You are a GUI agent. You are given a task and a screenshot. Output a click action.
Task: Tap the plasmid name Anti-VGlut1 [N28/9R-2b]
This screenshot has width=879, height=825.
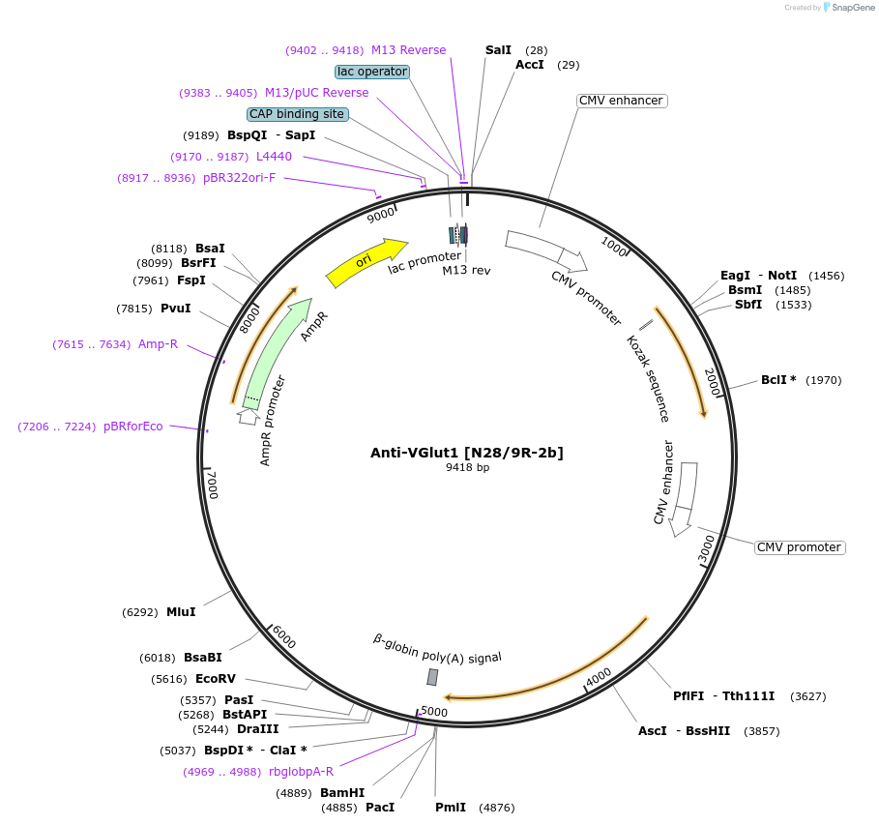(467, 453)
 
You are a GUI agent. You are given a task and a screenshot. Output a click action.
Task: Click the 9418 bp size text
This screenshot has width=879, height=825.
(467, 468)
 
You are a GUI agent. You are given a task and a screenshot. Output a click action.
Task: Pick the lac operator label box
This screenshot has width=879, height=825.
(372, 72)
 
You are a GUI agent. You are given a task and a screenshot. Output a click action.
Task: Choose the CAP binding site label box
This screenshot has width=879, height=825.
(297, 114)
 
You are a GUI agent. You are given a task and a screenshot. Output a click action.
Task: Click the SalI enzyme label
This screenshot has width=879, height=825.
(498, 49)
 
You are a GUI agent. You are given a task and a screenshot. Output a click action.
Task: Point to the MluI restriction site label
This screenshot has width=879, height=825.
(181, 612)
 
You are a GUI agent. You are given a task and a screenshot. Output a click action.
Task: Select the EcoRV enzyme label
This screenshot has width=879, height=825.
(215, 679)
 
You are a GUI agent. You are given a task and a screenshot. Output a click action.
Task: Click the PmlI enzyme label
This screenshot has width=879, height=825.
(451, 807)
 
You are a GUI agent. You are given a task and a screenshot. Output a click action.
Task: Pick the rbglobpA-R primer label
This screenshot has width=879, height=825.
(301, 771)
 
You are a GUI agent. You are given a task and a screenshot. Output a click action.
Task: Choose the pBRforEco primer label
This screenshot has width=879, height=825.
(133, 427)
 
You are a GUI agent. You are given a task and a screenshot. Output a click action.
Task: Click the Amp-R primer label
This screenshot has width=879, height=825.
(158, 344)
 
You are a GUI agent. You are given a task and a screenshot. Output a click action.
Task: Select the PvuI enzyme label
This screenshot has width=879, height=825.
(175, 309)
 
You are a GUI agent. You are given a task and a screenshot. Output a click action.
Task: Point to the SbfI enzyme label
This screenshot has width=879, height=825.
(747, 305)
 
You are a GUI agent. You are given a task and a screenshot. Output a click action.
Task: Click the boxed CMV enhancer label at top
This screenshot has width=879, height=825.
(621, 101)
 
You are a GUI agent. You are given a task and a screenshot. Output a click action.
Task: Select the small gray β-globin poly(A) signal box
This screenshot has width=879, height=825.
(432, 677)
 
